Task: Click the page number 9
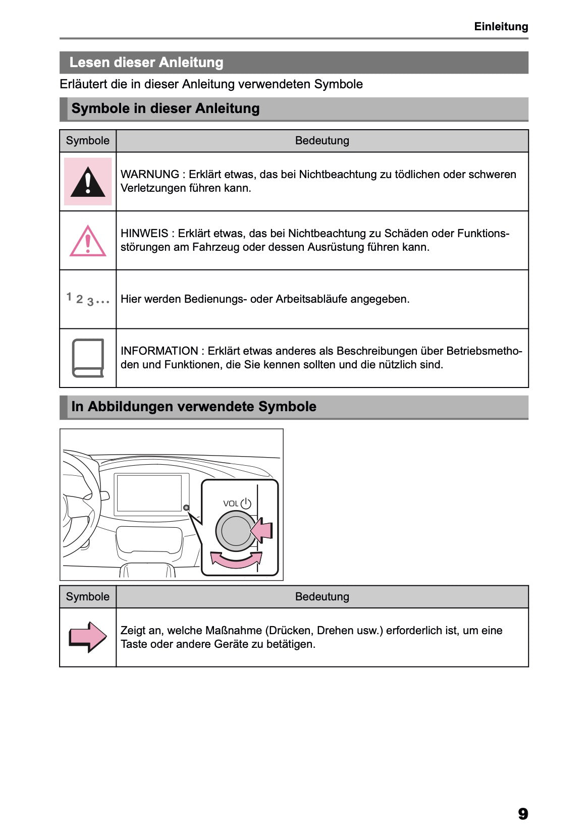click(x=522, y=813)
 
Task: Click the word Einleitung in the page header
click(x=501, y=27)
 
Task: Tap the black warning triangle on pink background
click(x=88, y=182)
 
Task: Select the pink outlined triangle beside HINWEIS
click(x=88, y=242)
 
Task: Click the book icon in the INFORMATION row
click(x=88, y=358)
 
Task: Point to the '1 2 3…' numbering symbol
click(x=88, y=299)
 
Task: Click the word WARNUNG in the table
click(x=149, y=175)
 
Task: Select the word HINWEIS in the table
click(x=144, y=234)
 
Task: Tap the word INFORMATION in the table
click(x=159, y=351)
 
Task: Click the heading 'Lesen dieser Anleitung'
click(x=146, y=63)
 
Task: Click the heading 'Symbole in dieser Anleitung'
click(x=166, y=108)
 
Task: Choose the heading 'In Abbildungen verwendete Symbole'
click(x=194, y=407)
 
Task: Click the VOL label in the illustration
click(x=230, y=504)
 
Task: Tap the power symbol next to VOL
click(x=246, y=504)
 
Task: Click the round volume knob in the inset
click(x=235, y=531)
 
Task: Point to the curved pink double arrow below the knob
click(x=236, y=560)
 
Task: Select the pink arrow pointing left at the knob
click(x=262, y=531)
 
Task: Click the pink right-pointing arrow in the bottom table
click(x=88, y=637)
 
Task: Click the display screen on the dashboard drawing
click(x=149, y=493)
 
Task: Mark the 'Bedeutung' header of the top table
click(x=322, y=141)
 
